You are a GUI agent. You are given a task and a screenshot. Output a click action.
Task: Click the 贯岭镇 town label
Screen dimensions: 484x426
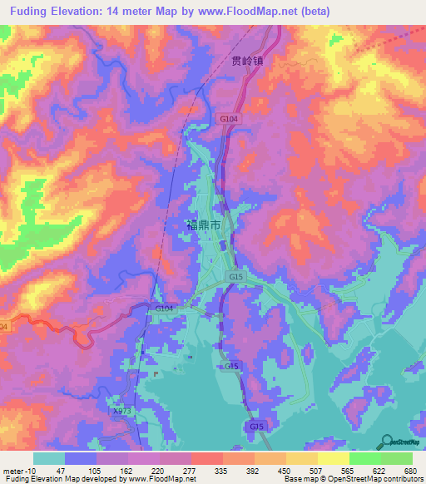(247, 61)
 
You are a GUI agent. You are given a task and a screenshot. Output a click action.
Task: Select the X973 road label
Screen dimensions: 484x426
(122, 411)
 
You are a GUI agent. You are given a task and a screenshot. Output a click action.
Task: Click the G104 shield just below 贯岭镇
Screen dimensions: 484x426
(229, 120)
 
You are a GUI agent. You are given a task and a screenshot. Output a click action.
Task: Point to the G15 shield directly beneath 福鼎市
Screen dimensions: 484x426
(235, 276)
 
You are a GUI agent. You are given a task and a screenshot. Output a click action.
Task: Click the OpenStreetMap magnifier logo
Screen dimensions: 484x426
(388, 442)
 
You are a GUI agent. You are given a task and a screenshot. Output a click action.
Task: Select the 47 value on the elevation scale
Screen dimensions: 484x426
(61, 470)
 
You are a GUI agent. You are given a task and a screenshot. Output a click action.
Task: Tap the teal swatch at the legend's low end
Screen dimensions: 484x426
(49, 458)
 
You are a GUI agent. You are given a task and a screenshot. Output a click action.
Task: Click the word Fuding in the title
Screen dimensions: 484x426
(32, 12)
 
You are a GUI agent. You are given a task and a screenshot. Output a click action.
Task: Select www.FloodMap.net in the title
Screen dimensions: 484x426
(253, 12)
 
